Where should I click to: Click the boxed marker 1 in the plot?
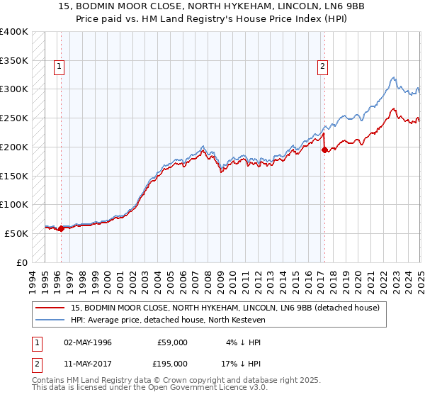pyautogui.click(x=60, y=67)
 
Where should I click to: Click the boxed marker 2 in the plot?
pyautogui.click(x=323, y=67)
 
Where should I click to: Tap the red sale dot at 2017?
pyautogui.click(x=324, y=150)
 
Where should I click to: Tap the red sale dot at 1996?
pyautogui.click(x=61, y=228)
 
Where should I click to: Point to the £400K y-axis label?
pyautogui.click(x=13, y=32)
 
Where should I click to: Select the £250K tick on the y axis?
pyautogui.click(x=13, y=118)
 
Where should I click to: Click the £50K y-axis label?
pyautogui.click(x=16, y=233)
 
